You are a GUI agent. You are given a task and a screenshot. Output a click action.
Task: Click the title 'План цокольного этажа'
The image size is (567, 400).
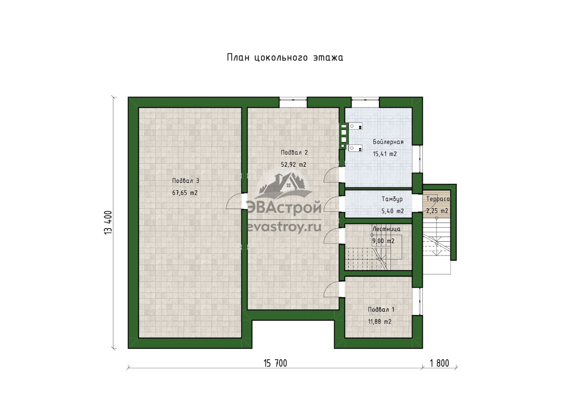285,58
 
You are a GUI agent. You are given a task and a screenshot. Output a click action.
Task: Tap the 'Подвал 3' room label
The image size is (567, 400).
186,181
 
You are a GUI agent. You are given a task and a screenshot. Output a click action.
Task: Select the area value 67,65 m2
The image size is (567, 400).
185,193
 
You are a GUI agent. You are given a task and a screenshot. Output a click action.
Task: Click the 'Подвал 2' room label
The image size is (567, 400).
294,153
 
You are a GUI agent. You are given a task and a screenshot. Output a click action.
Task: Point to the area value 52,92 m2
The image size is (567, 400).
293,164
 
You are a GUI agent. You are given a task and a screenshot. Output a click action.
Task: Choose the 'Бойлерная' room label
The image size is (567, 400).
388,142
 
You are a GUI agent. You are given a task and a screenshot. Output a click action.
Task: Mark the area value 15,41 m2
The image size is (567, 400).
385,154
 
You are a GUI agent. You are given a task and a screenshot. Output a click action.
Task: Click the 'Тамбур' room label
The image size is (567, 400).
392,199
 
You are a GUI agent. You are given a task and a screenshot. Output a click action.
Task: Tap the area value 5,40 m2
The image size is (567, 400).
393,211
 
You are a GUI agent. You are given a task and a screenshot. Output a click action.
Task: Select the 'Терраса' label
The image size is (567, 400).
438,199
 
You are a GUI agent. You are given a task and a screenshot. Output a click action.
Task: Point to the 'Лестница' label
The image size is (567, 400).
387,229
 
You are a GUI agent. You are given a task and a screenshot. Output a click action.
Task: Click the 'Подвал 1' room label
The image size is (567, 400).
381,309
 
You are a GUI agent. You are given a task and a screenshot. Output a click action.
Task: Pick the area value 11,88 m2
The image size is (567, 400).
380,322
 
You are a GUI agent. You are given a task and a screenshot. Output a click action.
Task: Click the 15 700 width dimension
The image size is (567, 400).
275,363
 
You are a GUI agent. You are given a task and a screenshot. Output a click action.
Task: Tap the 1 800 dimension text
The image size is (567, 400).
439,363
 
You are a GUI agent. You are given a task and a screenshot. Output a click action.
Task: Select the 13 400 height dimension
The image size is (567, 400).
108,222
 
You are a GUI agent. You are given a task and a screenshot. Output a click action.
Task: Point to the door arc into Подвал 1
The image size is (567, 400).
332,289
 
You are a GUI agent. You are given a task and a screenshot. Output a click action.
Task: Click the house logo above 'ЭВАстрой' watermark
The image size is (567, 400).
283,186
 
